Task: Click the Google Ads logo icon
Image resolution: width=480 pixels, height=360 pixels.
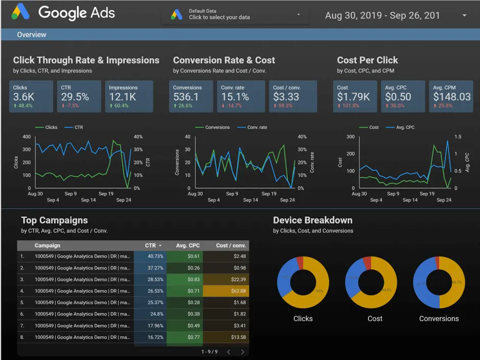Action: [x=21, y=12]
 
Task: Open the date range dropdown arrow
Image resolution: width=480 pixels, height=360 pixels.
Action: [x=464, y=16]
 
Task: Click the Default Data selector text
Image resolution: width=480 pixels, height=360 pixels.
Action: [x=219, y=14]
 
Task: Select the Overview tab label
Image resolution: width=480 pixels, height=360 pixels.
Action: [x=32, y=35]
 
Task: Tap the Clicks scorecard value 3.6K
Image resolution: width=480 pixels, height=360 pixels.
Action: [x=24, y=97]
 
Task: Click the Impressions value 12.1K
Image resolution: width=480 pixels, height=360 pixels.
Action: [x=123, y=97]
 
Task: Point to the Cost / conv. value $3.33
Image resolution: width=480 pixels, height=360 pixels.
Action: [x=286, y=97]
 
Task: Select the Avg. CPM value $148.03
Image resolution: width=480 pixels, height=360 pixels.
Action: [x=451, y=97]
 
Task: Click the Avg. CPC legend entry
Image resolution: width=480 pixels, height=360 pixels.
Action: [x=405, y=127]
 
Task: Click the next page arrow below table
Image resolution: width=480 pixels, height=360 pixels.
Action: [x=242, y=352]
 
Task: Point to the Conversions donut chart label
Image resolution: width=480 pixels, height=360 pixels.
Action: [x=439, y=319]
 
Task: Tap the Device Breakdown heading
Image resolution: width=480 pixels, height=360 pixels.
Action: [x=312, y=220]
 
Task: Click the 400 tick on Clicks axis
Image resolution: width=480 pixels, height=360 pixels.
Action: [x=27, y=137]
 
